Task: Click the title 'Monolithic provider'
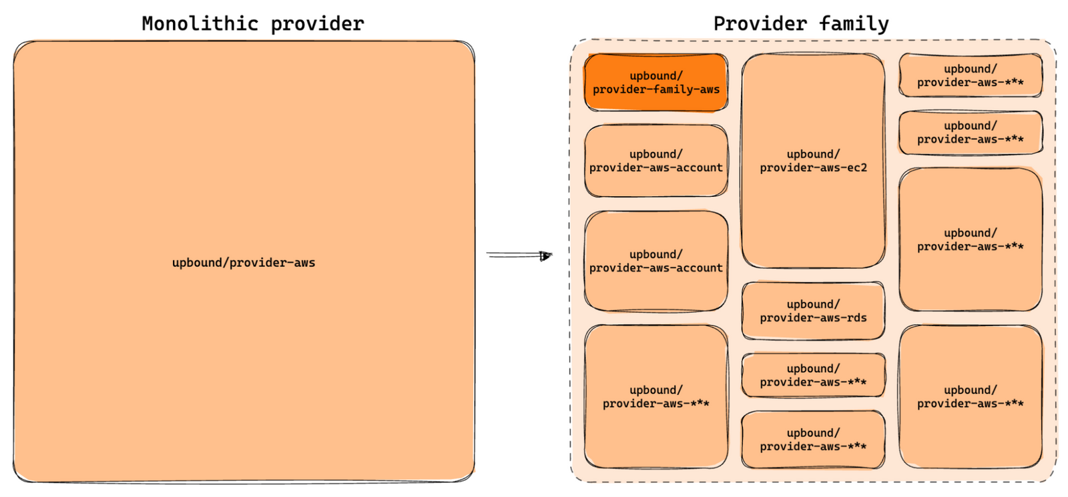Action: tap(252, 24)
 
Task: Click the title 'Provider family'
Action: tap(800, 24)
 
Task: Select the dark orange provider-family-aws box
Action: tap(655, 83)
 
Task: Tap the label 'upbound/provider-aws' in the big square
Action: tap(243, 263)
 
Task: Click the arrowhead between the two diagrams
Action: tap(546, 256)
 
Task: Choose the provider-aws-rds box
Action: tap(813, 311)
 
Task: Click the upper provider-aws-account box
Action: tap(655, 161)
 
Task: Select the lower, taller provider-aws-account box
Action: tap(655, 262)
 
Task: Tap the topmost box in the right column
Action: tap(970, 75)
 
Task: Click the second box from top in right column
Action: tap(970, 133)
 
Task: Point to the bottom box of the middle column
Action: tap(813, 440)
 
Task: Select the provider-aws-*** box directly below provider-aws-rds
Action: tap(813, 376)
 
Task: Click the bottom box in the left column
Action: tap(655, 397)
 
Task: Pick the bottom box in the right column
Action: tap(970, 397)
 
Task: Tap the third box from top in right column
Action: tap(970, 239)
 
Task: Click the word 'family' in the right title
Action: tap(854, 24)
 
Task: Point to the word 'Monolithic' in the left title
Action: tap(200, 24)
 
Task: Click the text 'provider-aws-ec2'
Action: tap(813, 168)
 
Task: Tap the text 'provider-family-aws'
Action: tap(655, 89)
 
